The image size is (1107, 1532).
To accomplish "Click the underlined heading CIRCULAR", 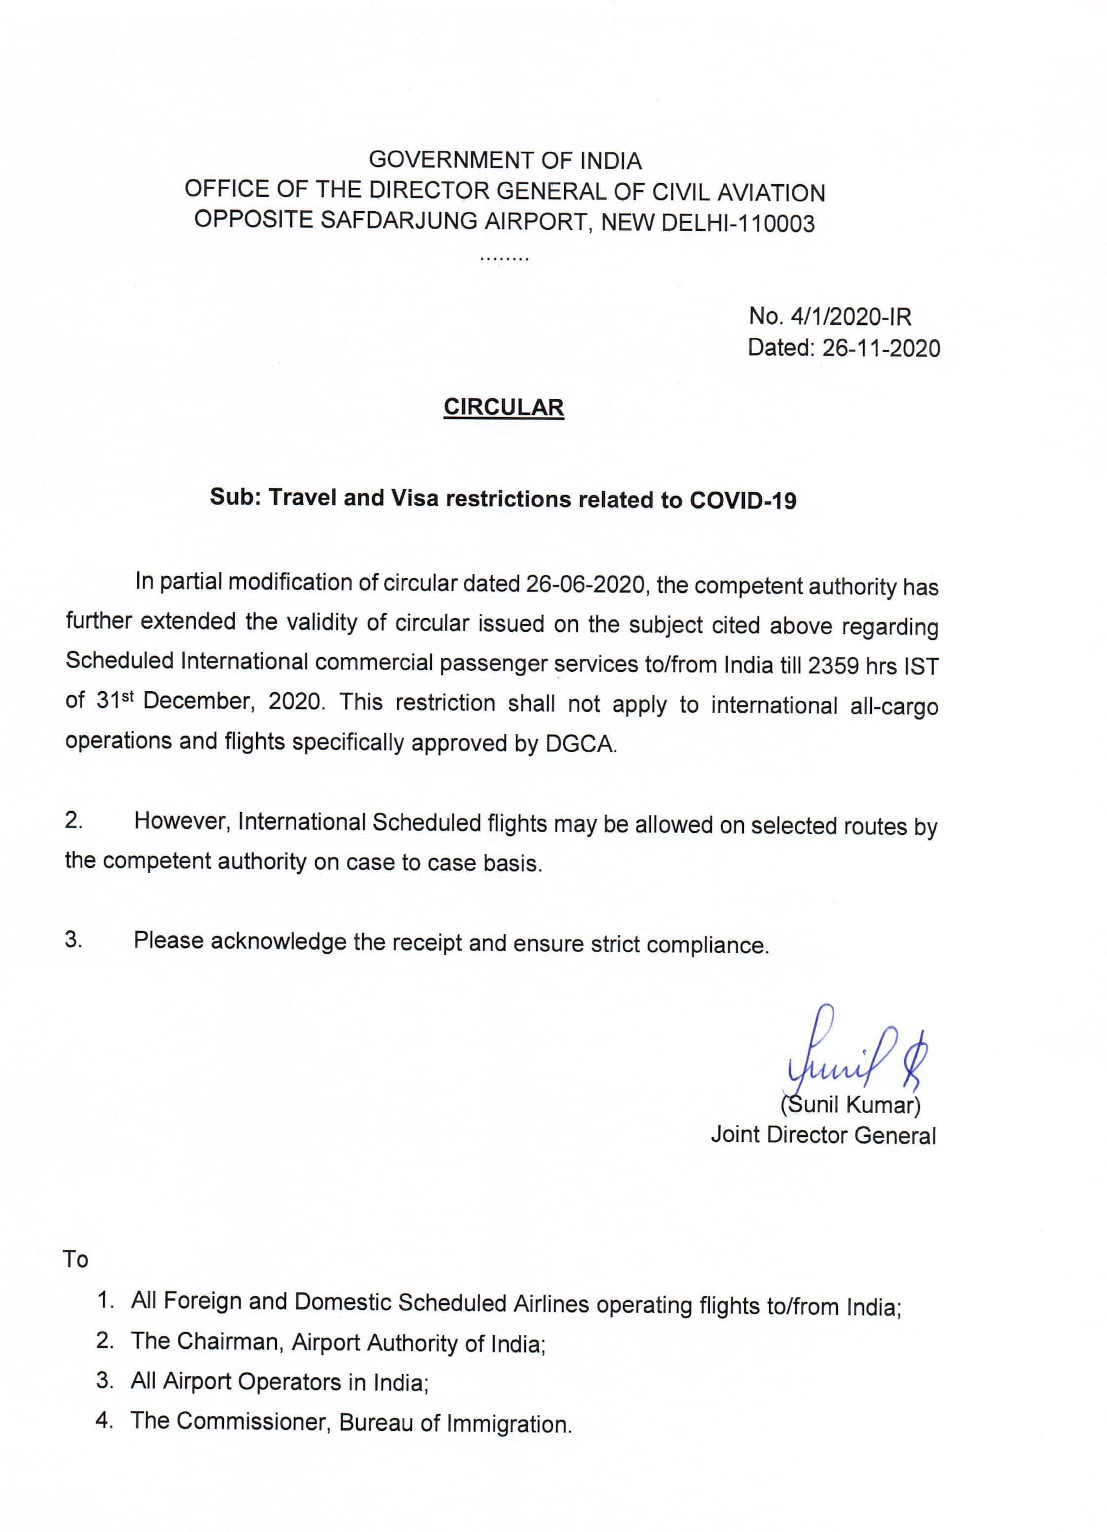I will pos(503,407).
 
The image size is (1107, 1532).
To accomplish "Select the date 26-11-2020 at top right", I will pos(881,349).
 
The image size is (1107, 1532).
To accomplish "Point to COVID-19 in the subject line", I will pos(743,500).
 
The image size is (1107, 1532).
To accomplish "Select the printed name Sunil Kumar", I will pos(851,1105).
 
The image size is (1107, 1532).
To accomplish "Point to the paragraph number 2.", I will pos(74,821).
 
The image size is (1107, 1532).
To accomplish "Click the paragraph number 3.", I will pos(74,940).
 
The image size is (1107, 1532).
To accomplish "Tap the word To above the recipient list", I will pos(76,1260).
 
